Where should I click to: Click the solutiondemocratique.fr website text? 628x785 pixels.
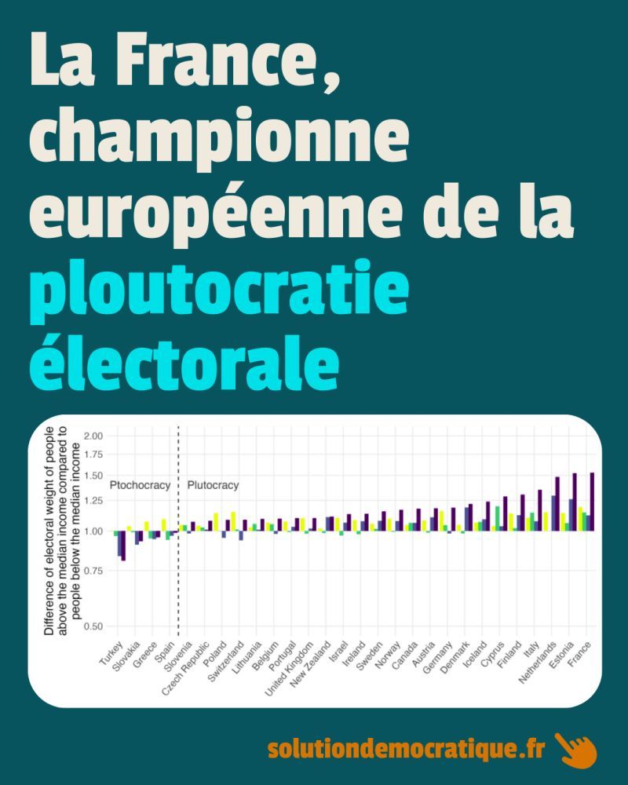(x=406, y=749)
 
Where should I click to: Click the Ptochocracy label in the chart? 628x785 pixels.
(x=140, y=485)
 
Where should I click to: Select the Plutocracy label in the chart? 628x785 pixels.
(x=213, y=485)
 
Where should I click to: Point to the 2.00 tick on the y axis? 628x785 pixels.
(x=93, y=436)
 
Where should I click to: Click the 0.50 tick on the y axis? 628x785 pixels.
(x=93, y=626)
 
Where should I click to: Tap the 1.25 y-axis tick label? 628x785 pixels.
(x=93, y=501)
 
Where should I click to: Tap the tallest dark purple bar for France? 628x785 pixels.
(x=592, y=502)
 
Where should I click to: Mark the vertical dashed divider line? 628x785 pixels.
(x=179, y=549)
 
